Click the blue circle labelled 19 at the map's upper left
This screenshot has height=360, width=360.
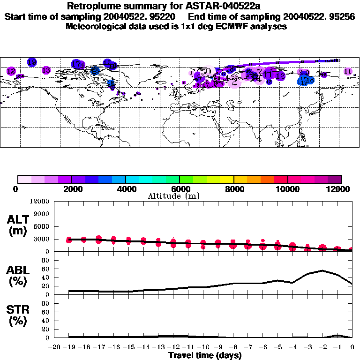tap(32, 62)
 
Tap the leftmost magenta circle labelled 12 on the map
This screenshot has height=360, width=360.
tap(11, 71)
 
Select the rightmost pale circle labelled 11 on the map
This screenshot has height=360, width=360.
tap(348, 71)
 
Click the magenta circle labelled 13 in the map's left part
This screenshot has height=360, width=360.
tap(46, 70)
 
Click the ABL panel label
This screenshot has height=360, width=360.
tap(18, 276)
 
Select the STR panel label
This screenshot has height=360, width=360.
tap(18, 315)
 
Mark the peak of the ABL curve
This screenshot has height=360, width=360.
tap(322, 270)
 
